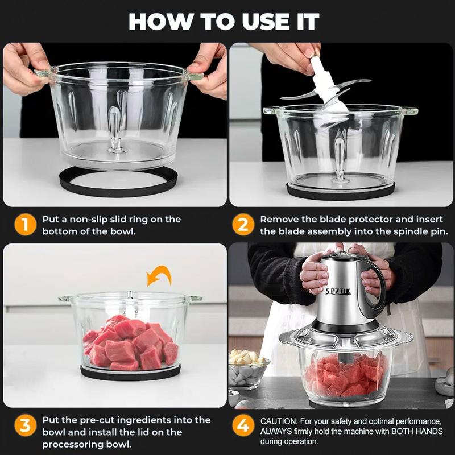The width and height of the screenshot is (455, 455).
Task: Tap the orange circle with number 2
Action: click(243, 225)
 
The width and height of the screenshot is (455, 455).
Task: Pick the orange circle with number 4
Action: click(243, 426)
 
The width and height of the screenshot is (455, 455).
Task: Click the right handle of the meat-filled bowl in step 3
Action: click(194, 298)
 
